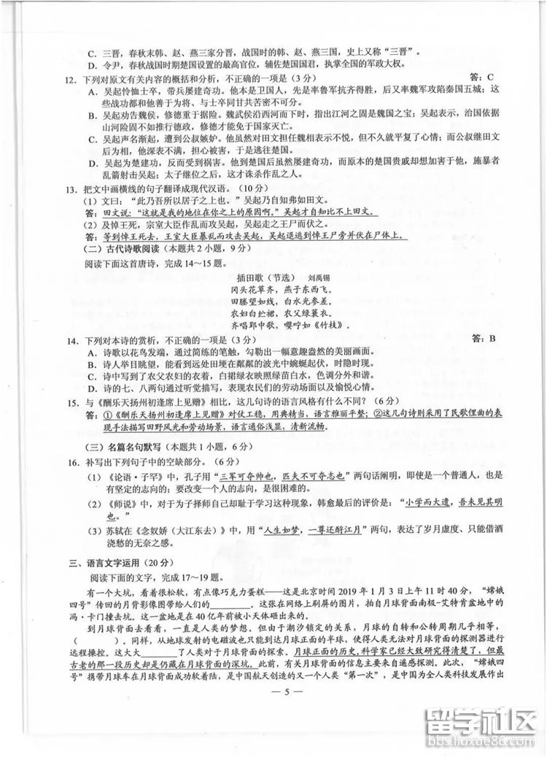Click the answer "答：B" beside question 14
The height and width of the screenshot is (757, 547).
click(484, 338)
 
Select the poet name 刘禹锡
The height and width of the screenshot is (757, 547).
click(320, 278)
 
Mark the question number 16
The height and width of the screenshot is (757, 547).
click(71, 461)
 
